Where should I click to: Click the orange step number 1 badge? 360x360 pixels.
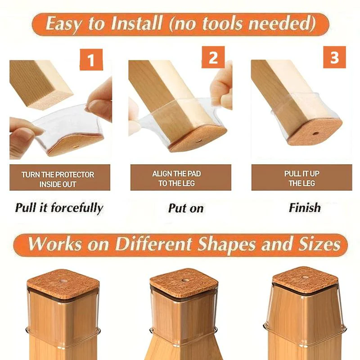click(91, 59)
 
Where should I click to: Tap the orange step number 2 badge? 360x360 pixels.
click(213, 57)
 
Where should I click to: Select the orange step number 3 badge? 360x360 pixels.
click(334, 57)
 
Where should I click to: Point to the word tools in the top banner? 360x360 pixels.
click(222, 24)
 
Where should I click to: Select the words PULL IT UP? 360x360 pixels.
click(301, 174)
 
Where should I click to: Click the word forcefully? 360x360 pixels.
click(77, 208)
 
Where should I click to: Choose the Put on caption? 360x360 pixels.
click(186, 208)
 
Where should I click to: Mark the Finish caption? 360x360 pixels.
click(305, 208)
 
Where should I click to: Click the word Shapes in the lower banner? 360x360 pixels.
click(226, 244)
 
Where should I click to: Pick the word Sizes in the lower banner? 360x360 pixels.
click(319, 244)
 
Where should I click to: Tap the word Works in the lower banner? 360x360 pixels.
click(54, 244)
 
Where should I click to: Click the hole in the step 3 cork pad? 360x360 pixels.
click(315, 133)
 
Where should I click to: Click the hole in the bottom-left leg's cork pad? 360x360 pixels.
click(63, 281)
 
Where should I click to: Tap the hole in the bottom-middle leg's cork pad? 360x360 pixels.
click(184, 280)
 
